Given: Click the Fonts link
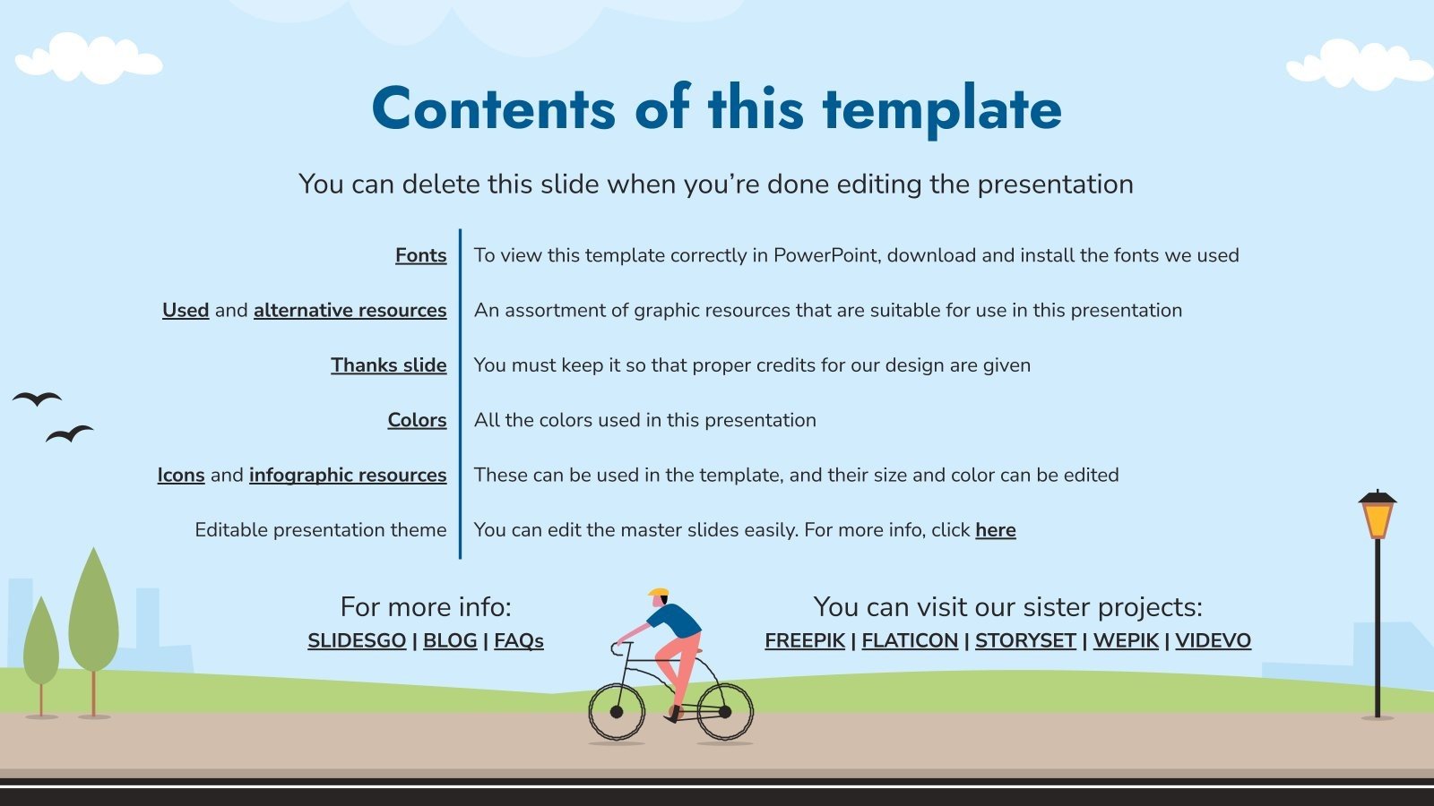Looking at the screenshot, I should (x=420, y=255).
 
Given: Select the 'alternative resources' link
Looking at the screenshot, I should (x=350, y=310).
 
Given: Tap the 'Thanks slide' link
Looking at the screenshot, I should (x=388, y=365).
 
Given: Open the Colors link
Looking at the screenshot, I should (x=417, y=420).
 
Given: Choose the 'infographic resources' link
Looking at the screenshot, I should (x=347, y=475).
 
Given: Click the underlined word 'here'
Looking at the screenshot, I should (x=995, y=530).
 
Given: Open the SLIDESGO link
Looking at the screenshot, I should (x=357, y=641).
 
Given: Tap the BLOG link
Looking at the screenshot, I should (x=450, y=641).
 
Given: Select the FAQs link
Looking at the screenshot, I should (x=518, y=641).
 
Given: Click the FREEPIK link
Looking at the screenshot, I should (x=805, y=641).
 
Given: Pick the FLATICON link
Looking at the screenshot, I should (x=910, y=641).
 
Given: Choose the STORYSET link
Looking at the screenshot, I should (x=1025, y=641).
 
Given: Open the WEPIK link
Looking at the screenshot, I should (x=1126, y=641).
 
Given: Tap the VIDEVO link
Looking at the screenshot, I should (x=1213, y=641).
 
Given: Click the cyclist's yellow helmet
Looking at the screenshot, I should (x=659, y=593).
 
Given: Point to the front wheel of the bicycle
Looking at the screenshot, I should (x=617, y=712).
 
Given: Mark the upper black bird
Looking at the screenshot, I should (x=38, y=399).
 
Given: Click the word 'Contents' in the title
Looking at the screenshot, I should (x=493, y=109).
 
